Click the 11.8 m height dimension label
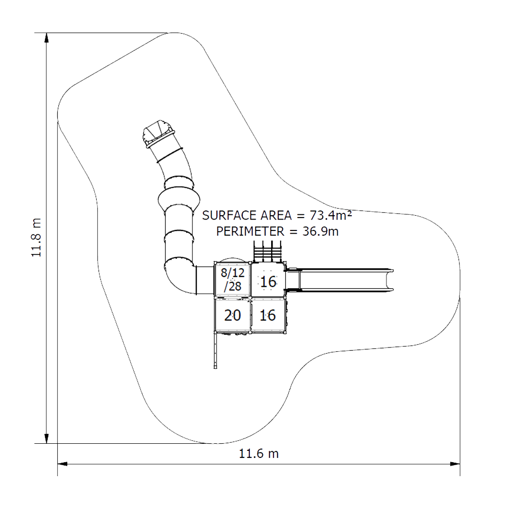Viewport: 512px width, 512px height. (x=36, y=238)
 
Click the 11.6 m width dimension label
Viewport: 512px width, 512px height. (x=259, y=454)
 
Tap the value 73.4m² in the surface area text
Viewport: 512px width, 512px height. (x=330, y=215)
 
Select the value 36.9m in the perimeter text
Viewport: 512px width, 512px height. (x=320, y=231)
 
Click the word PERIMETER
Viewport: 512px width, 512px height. (x=250, y=231)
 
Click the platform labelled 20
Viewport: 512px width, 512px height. (x=232, y=315)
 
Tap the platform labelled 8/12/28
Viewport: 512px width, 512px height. (x=232, y=279)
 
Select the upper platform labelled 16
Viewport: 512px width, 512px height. (x=268, y=280)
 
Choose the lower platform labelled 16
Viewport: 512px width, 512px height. (x=268, y=315)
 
